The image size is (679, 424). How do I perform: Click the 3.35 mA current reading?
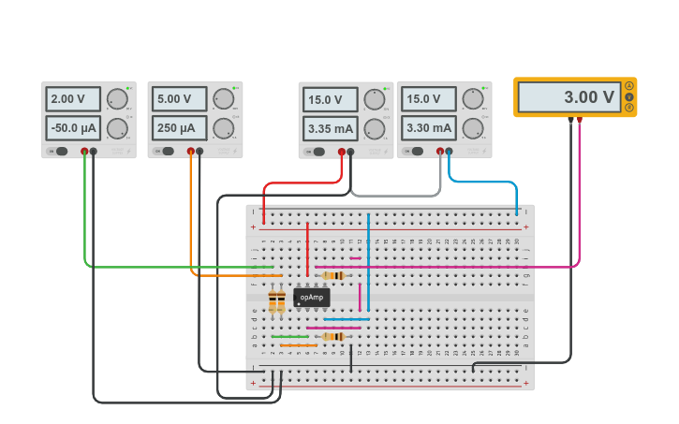tap(330, 128)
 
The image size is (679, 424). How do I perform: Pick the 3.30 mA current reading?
tap(428, 127)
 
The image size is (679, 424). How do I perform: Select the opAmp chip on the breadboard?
tap(311, 297)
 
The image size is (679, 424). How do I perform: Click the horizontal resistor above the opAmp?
tap(332, 275)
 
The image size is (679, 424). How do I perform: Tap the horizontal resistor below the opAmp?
tap(332, 337)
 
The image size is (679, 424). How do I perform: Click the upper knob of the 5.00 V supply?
tap(223, 98)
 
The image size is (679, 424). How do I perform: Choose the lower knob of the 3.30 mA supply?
tap(472, 127)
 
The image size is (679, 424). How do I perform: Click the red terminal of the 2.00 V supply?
tap(84, 151)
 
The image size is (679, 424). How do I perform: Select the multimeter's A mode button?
tap(629, 86)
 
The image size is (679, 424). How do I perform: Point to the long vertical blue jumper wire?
tap(368, 262)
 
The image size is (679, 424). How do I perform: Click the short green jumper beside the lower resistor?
tap(289, 337)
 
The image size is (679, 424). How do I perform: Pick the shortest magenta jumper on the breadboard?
tap(355, 258)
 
